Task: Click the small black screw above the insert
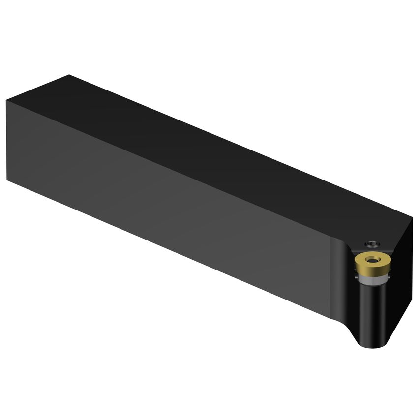point(371,243)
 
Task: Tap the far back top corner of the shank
point(69,75)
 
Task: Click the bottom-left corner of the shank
point(7,180)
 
